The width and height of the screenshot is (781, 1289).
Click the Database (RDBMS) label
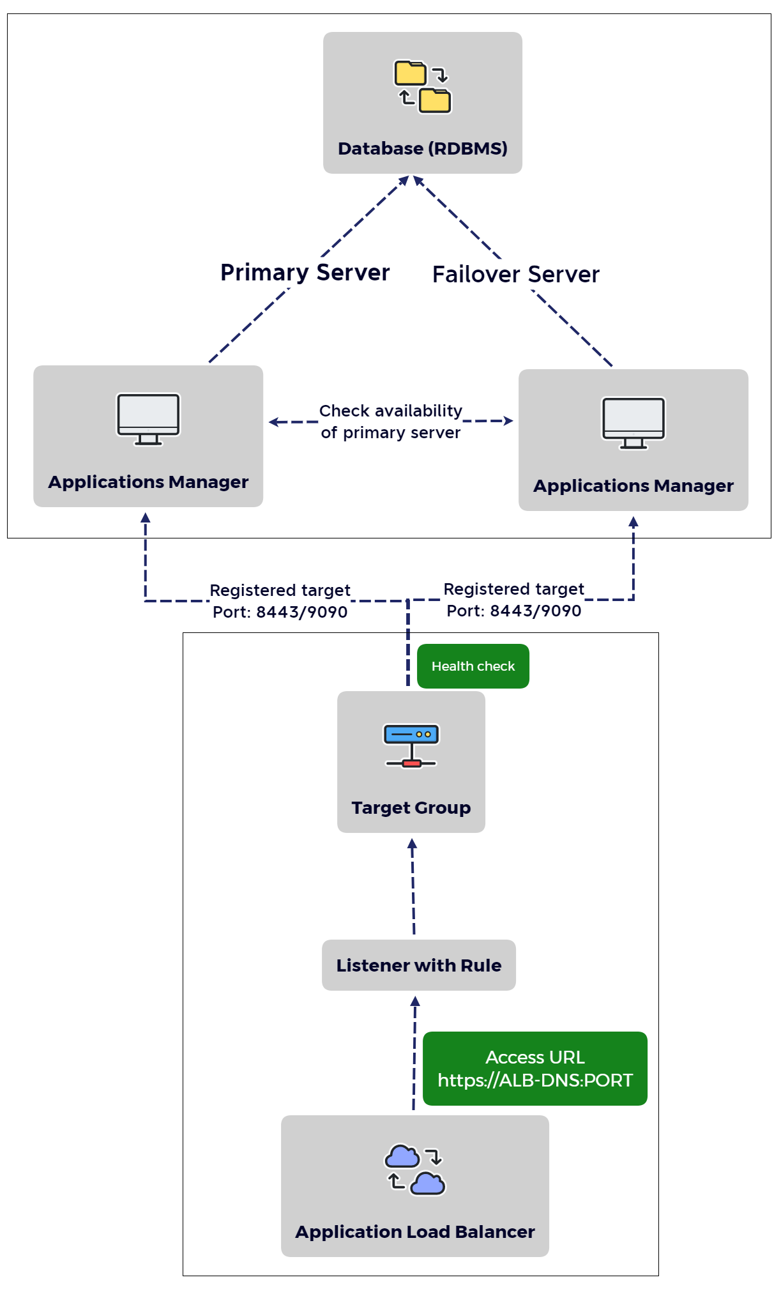point(422,148)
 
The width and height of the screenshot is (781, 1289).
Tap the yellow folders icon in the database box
point(422,87)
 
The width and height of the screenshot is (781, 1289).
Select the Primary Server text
point(305,273)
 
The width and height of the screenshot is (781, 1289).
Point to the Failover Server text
point(515,275)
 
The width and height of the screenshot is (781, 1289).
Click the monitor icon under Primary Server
point(148,419)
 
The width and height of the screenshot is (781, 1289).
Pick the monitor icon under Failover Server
point(633,423)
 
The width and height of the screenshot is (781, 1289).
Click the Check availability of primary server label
point(390,422)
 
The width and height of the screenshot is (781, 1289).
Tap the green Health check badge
point(473,666)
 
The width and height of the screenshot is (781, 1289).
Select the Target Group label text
point(411,807)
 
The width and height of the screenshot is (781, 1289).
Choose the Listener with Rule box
point(418,965)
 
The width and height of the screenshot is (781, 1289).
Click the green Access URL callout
point(535,1069)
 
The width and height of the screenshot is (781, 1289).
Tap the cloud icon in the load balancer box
point(414,1169)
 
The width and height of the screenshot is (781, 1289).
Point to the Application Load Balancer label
point(414,1232)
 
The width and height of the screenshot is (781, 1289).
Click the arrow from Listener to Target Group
point(413,888)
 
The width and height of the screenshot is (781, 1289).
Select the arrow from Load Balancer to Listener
point(414,1054)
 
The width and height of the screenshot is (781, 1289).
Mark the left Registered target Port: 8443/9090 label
point(280,601)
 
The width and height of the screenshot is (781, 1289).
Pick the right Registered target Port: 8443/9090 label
point(513,600)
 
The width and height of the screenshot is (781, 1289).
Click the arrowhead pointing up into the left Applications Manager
point(146,517)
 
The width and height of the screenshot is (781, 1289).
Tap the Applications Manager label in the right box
point(633,485)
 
